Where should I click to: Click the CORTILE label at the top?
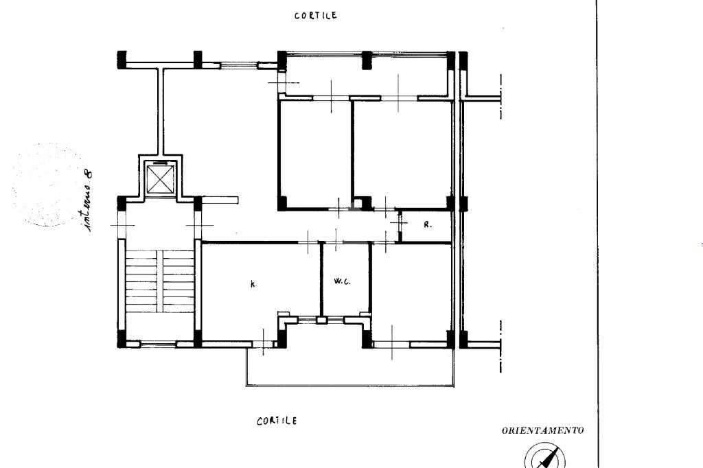315,16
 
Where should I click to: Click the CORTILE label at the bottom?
277,421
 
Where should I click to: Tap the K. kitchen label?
253,284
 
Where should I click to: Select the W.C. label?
342,281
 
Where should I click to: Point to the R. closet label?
428,224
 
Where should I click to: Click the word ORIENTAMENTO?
542,431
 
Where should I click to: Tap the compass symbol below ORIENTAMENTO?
545,456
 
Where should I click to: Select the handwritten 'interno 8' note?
88,200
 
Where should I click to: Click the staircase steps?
159,281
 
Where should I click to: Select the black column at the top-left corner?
122,60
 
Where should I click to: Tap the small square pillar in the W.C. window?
321,320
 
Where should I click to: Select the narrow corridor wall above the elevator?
160,112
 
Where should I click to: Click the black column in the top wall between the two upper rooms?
367,60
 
